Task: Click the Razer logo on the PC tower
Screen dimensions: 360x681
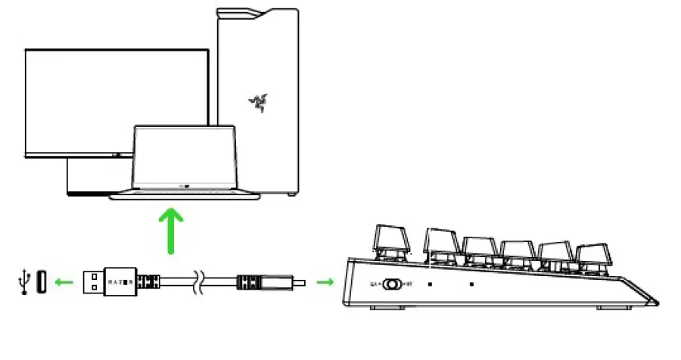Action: point(258,102)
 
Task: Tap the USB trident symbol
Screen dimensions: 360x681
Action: point(20,282)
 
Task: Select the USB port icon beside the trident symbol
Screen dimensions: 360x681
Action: point(40,282)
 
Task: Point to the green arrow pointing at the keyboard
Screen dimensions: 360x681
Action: point(325,283)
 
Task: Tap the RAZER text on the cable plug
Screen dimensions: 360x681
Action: point(122,283)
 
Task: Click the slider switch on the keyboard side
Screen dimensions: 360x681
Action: point(391,284)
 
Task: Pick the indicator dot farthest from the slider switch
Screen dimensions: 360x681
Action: point(472,285)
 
